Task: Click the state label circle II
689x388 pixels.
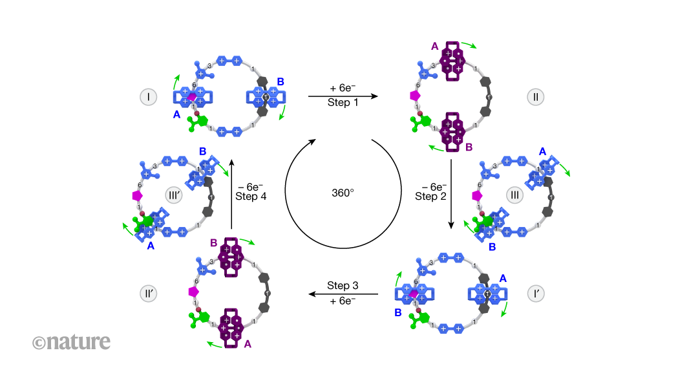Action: pyautogui.click(x=536, y=98)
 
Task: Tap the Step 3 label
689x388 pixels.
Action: pyautogui.click(x=343, y=285)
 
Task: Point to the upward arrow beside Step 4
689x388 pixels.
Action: pyautogui.click(x=231, y=194)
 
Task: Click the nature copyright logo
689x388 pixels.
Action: pyautogui.click(x=71, y=341)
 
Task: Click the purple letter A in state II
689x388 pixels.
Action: pyautogui.click(x=435, y=46)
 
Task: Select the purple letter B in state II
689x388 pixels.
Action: pyautogui.click(x=469, y=147)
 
